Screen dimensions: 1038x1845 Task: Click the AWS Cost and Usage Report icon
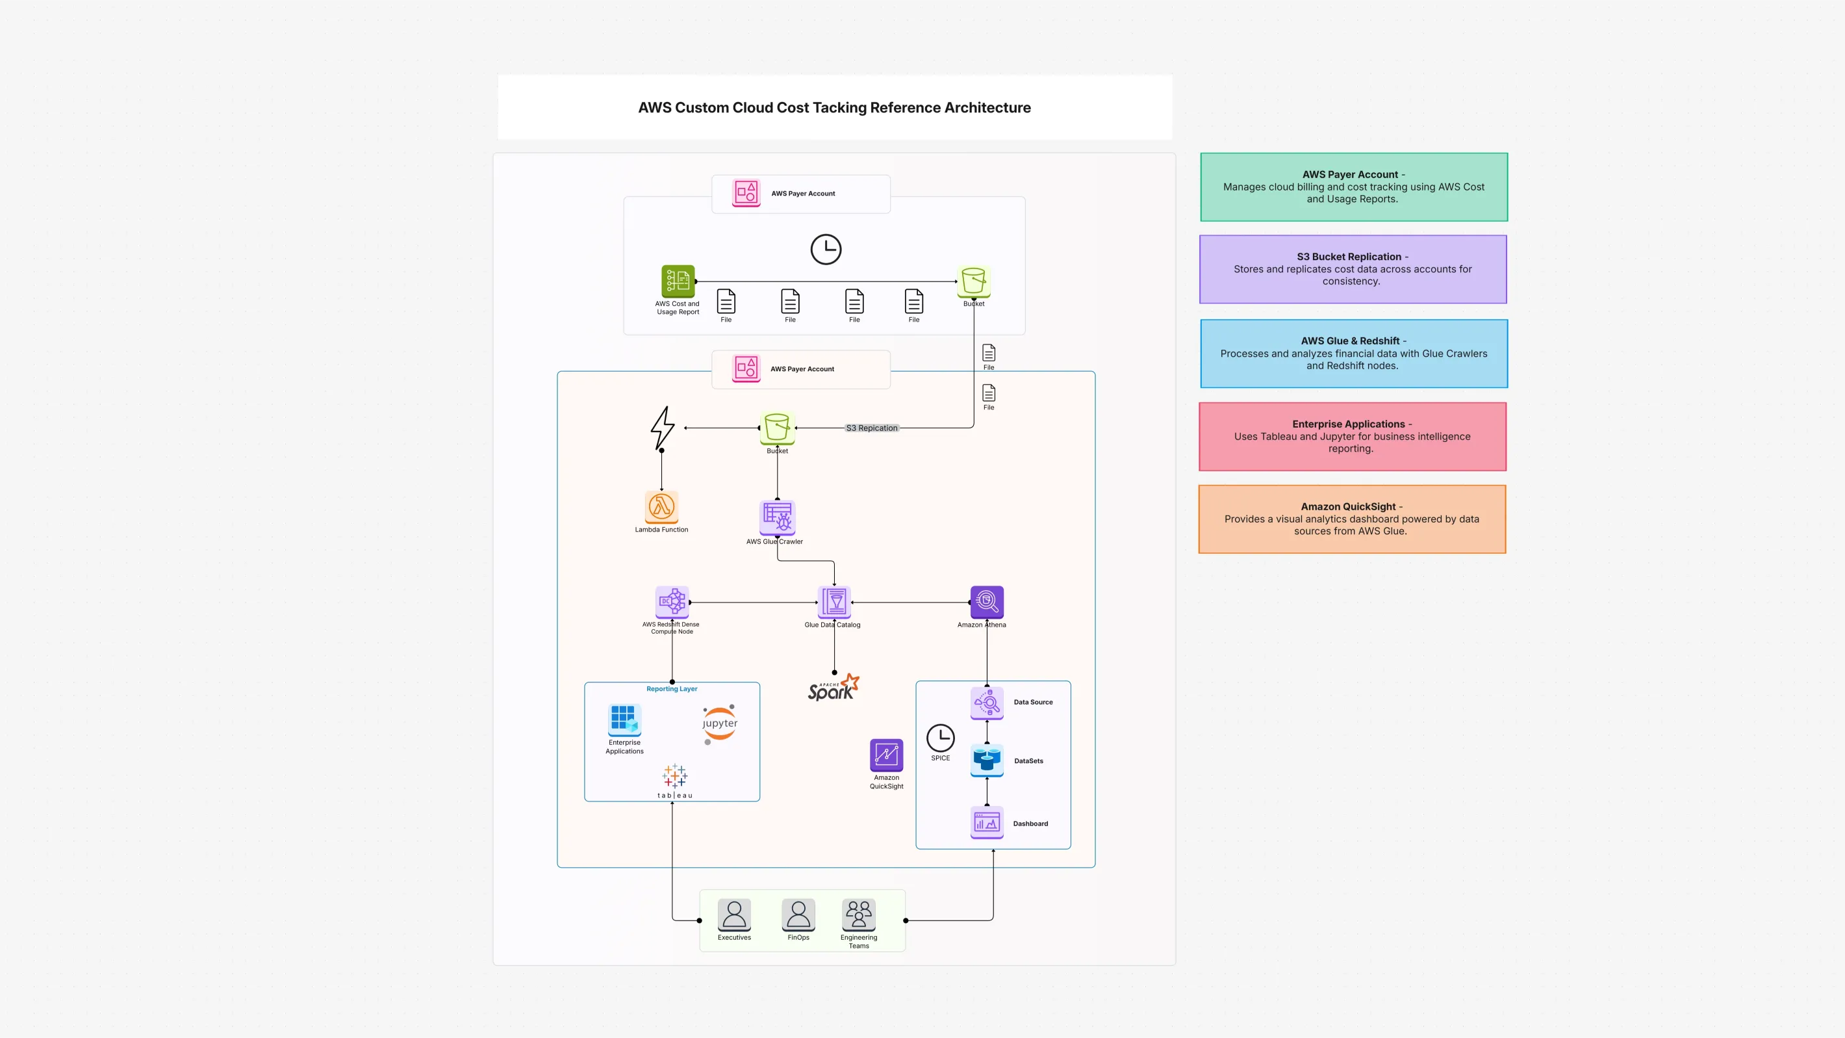click(x=678, y=281)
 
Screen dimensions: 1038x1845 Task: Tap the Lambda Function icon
click(x=661, y=507)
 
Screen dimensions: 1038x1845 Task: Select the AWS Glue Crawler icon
click(x=777, y=517)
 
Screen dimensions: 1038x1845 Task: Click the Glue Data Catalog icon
click(x=833, y=602)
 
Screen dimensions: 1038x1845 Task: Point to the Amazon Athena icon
click(x=986, y=602)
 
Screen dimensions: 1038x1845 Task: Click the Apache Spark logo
click(x=833, y=688)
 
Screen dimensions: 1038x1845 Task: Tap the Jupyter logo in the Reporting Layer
click(x=720, y=723)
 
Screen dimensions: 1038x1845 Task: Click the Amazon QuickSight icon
click(x=886, y=755)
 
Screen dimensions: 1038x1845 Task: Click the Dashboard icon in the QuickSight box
click(x=986, y=822)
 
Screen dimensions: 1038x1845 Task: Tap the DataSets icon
click(x=986, y=759)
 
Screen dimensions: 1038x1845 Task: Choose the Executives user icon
click(x=734, y=915)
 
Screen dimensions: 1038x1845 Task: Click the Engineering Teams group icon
click(x=858, y=915)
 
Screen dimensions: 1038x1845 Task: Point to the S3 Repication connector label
click(x=871, y=428)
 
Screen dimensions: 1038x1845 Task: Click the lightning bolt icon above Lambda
click(x=663, y=428)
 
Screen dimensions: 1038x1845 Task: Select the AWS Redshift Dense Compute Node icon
click(x=672, y=602)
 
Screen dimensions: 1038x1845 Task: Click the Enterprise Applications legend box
click(x=1352, y=436)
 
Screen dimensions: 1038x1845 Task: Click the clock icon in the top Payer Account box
click(x=826, y=250)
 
